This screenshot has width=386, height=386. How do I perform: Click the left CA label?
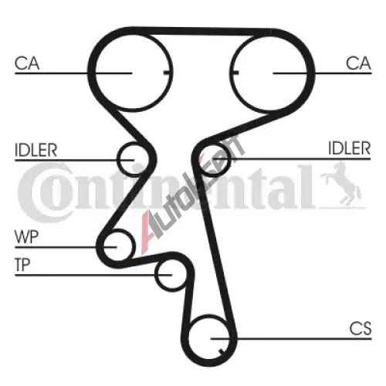27,63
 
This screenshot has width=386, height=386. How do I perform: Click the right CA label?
358,63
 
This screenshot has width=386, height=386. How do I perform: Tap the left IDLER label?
36,150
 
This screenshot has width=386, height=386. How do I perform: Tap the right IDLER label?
350,148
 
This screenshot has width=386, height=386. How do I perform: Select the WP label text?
27,237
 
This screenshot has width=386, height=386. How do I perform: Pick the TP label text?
22,265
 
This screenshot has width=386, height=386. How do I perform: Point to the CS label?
361,328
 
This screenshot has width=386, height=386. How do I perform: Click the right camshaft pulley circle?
229,72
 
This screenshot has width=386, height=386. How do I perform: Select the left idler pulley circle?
117,160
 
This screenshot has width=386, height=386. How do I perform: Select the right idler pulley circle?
230,160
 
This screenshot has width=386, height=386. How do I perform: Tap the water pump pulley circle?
134,245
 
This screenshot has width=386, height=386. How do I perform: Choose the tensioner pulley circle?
155,275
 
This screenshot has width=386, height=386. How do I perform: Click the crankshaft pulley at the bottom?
190,337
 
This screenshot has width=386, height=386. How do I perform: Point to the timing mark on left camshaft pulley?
168,73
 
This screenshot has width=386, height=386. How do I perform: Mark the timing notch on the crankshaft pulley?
221,351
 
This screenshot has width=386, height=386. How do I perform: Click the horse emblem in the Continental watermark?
340,185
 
